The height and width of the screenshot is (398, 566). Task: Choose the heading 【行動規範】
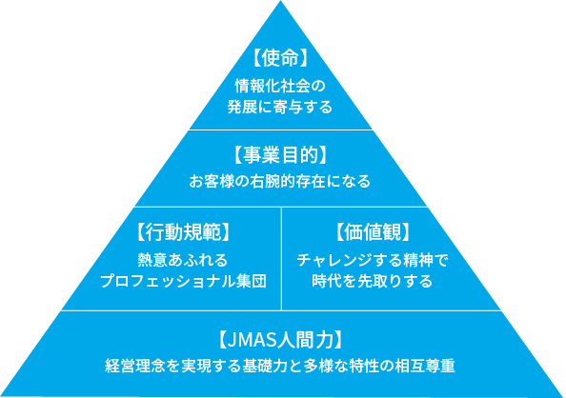click(x=184, y=231)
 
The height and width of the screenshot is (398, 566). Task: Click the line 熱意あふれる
click(x=184, y=258)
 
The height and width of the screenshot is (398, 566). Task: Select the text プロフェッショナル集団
click(x=184, y=281)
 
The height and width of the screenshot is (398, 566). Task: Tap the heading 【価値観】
click(x=373, y=231)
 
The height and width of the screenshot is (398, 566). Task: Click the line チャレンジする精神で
click(x=373, y=258)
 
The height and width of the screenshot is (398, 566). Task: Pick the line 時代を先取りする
click(x=373, y=281)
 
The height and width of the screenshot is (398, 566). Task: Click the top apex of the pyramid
click(x=282, y=4)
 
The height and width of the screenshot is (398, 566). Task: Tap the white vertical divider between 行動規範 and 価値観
click(x=282, y=257)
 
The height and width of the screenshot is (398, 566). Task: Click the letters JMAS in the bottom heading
click(x=253, y=339)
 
